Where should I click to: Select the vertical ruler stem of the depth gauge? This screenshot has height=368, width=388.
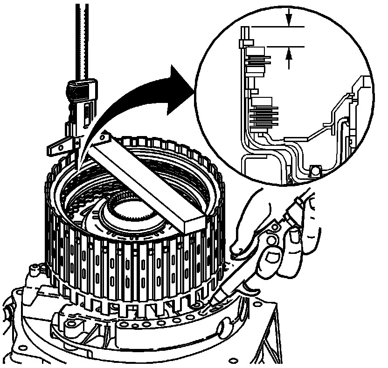[x=84, y=37]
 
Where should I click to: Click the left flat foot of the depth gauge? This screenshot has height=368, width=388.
[x=56, y=149]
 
